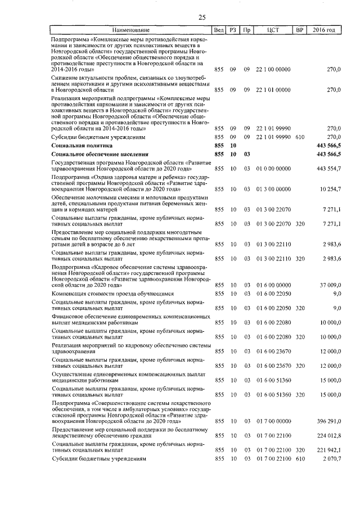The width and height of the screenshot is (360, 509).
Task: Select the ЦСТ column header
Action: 274,29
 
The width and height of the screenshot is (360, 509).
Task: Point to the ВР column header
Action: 299,29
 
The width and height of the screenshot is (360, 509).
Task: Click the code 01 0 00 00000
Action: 273,169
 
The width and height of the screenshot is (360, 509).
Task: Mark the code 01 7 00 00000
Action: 273,421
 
